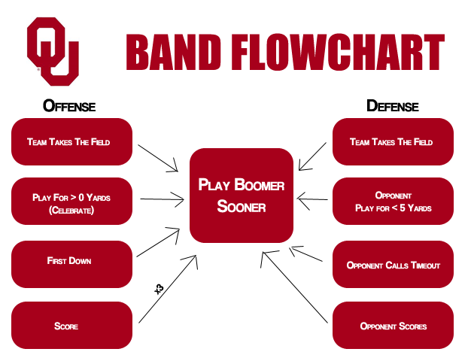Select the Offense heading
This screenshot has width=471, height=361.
[69, 105]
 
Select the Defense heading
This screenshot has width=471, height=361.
[392, 105]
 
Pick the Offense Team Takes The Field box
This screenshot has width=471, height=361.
[72, 141]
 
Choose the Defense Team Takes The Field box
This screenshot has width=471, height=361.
[392, 141]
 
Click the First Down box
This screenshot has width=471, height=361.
[72, 261]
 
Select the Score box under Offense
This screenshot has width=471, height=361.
[72, 326]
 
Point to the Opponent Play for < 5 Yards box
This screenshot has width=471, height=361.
[392, 202]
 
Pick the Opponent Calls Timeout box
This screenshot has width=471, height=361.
[392, 265]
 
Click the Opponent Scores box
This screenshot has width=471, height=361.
[392, 326]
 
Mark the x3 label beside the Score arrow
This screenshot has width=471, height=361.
[159, 289]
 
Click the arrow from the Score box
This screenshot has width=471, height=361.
[168, 289]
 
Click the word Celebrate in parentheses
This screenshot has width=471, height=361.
[72, 210]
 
